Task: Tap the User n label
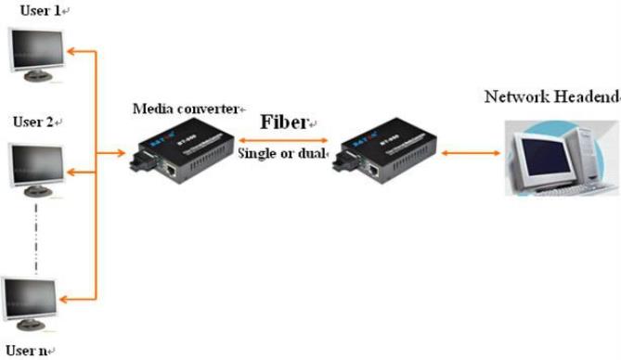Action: tap(25, 350)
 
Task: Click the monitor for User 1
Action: tap(35, 50)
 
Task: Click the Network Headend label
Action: tap(547, 96)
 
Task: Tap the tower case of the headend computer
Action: tap(585, 148)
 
